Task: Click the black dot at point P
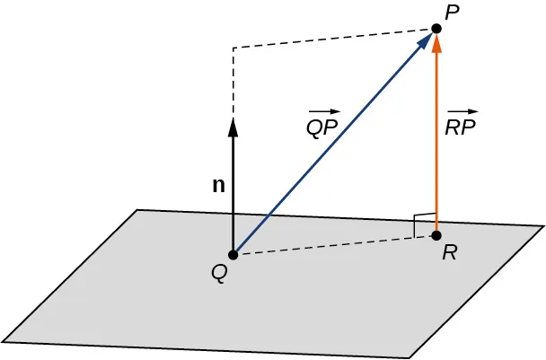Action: [436, 29]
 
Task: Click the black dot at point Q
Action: [233, 254]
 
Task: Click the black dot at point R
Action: [436, 236]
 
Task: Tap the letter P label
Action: [450, 12]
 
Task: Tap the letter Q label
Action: [218, 272]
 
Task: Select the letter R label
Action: [450, 255]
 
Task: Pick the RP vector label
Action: [461, 127]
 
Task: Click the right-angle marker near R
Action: [420, 224]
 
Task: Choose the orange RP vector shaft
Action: [436, 144]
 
